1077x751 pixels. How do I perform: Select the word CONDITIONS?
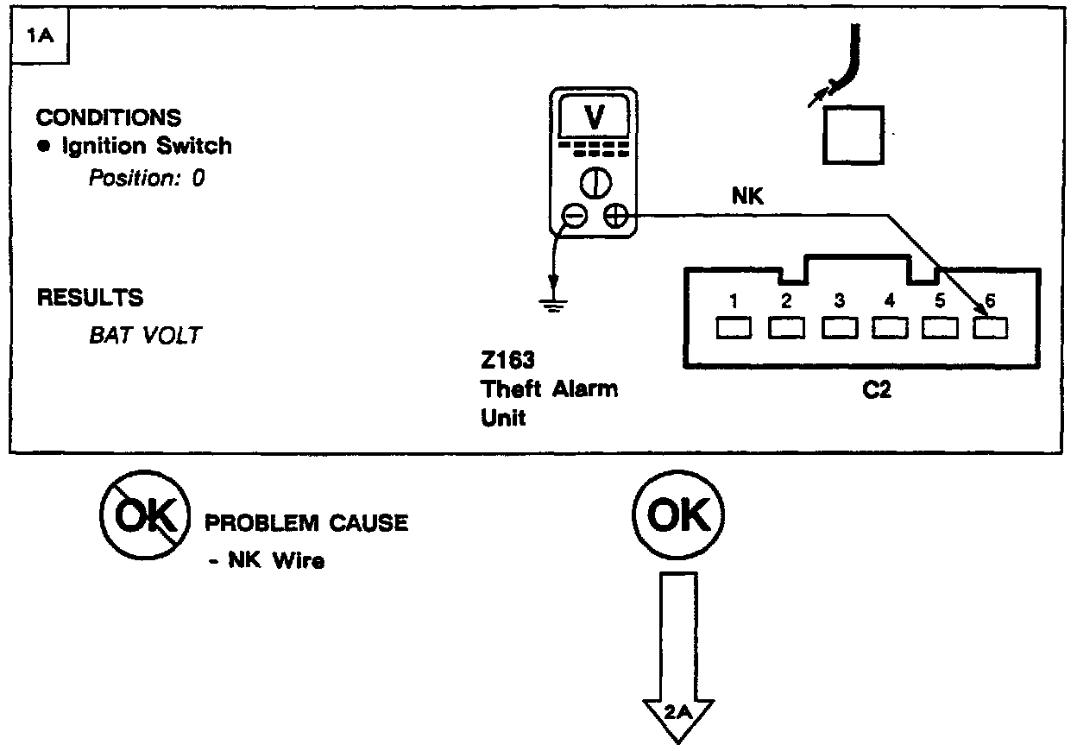[x=109, y=117]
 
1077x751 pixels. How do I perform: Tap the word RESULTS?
[x=90, y=298]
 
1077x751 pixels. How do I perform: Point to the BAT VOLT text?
[x=144, y=335]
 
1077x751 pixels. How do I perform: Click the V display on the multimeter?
[x=595, y=117]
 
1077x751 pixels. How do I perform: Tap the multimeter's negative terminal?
[x=573, y=216]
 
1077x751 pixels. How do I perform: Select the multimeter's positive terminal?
[x=615, y=216]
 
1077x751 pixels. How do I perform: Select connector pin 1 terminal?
[x=733, y=328]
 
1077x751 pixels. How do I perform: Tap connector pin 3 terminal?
[x=838, y=328]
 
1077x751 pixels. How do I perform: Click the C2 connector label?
[x=877, y=390]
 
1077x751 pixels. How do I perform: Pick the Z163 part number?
[x=508, y=361]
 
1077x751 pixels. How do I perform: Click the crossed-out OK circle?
[x=144, y=519]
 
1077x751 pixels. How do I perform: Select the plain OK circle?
[x=678, y=516]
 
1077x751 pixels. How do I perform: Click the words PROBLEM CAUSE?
[x=305, y=523]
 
